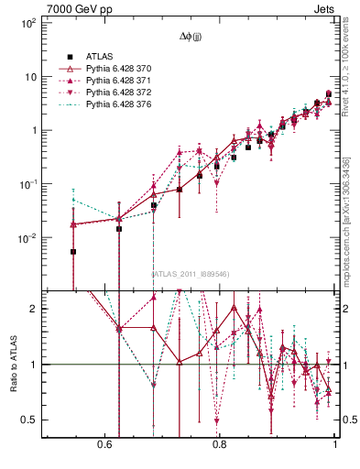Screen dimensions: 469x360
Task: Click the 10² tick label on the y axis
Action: [27, 22]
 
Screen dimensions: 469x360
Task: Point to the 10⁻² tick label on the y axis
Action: [27, 237]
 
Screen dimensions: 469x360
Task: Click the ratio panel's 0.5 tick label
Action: [29, 420]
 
